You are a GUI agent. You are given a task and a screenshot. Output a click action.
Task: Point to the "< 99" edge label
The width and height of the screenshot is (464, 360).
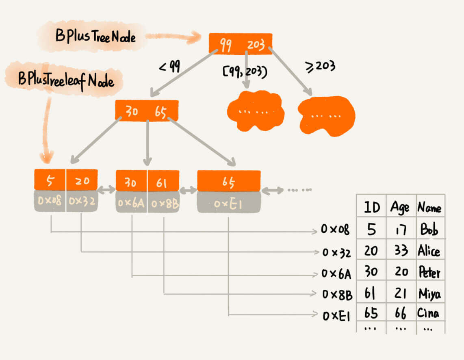169,67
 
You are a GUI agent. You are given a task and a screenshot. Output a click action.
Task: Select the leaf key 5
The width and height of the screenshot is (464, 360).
50,181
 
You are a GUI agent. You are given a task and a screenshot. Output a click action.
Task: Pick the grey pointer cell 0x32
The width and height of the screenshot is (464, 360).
81,201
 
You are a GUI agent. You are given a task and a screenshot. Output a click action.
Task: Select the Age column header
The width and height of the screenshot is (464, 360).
400,208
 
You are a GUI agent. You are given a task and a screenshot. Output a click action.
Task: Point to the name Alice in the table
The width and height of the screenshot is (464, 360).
429,251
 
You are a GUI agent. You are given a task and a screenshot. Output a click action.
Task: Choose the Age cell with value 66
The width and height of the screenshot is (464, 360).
401,313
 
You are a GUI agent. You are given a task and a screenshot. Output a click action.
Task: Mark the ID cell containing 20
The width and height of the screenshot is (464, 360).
371,251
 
